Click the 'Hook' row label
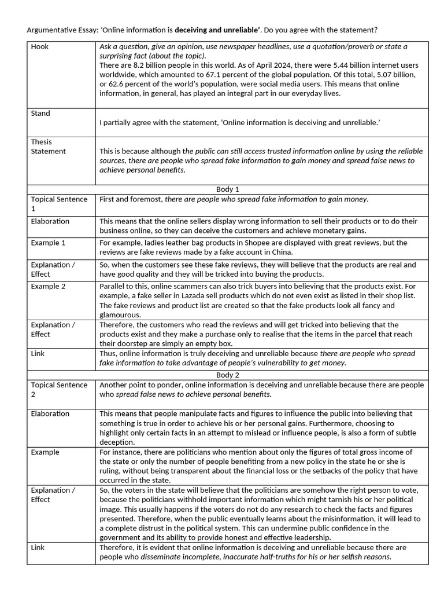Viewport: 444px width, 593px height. [40, 47]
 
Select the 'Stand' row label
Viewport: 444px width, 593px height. [40, 114]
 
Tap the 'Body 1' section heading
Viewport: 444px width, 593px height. [227, 189]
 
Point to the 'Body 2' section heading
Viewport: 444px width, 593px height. [227, 375]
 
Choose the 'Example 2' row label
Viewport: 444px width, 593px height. [49, 287]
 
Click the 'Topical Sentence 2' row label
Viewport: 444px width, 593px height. [59, 390]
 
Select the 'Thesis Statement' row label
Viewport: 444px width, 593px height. [49, 147]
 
